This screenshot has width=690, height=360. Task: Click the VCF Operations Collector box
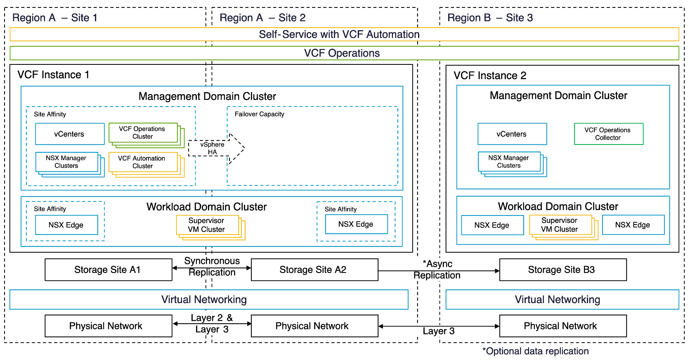(608, 134)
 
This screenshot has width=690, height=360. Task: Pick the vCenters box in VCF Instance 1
(69, 134)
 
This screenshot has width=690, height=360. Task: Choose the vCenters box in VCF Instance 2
(512, 134)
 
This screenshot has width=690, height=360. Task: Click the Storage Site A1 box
(108, 270)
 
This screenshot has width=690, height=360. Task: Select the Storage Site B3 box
(562, 270)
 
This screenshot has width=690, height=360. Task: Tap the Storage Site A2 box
(314, 270)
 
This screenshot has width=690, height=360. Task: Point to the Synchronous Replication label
(212, 267)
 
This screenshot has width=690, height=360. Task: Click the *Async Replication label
(437, 270)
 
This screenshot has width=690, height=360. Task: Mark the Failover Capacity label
(259, 114)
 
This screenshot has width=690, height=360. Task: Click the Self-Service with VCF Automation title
(339, 34)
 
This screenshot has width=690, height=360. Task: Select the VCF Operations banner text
(342, 53)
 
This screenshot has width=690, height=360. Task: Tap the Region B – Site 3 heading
(490, 18)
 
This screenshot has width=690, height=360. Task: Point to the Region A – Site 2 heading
(262, 18)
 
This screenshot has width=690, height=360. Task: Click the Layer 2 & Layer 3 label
(212, 323)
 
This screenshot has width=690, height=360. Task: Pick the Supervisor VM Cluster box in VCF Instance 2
(560, 225)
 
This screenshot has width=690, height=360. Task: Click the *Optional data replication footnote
(535, 351)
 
